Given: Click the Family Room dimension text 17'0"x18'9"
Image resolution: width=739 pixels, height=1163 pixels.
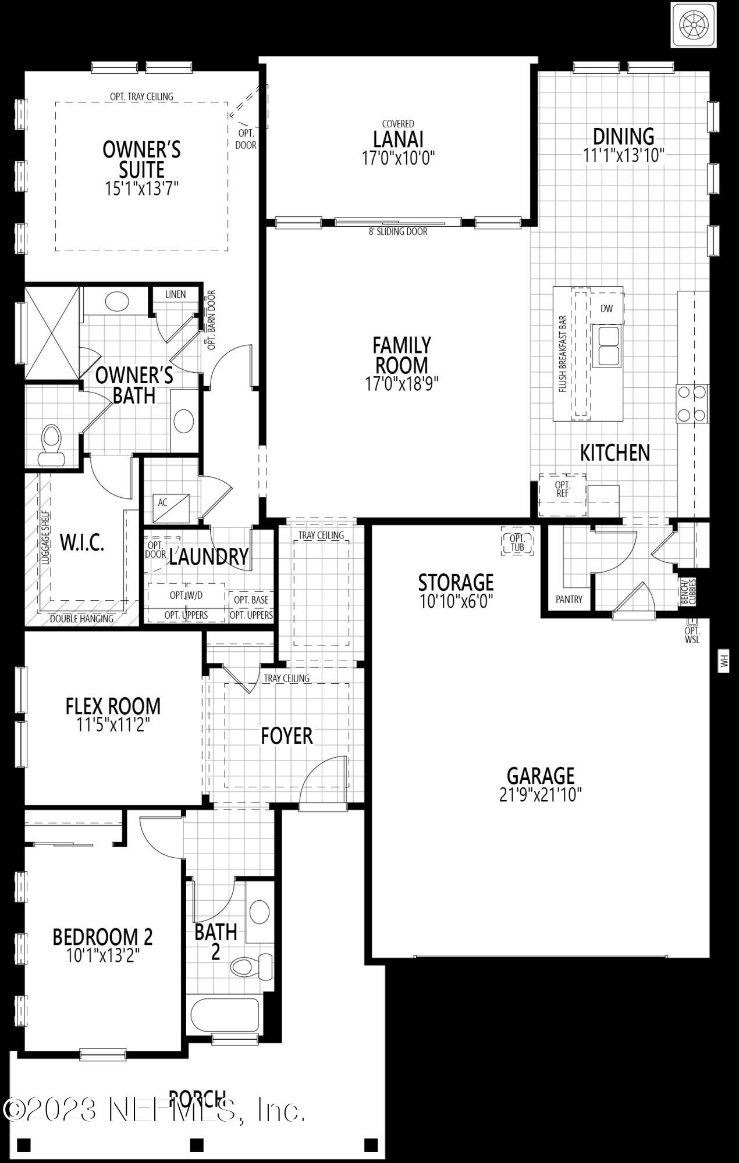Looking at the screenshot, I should (402, 383).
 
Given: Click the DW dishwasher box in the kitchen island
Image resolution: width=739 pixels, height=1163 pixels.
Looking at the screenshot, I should (607, 309).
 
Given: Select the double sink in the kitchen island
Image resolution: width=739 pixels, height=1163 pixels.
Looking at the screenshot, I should (607, 346).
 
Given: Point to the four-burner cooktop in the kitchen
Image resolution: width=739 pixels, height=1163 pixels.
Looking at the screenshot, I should (692, 404).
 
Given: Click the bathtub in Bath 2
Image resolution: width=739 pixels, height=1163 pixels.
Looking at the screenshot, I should (224, 1013).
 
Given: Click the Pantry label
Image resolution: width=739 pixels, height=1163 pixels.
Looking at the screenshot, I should (569, 600).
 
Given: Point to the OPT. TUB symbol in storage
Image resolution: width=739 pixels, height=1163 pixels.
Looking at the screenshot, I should (517, 543).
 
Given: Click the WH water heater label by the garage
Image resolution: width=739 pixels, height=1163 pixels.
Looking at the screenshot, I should (724, 661).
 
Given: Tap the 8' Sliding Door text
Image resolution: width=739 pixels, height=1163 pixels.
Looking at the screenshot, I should (398, 231).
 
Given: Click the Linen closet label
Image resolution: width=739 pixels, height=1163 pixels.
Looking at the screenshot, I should (175, 294).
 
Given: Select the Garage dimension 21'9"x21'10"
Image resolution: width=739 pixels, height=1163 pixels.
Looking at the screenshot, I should (541, 795).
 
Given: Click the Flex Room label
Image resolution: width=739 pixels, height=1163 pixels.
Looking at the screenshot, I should (113, 706).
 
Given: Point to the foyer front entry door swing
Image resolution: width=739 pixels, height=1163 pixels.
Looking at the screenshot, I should (324, 777).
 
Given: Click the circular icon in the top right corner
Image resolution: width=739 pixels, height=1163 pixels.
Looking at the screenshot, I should (694, 24).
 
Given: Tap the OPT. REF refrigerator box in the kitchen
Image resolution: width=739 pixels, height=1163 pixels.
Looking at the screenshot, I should (562, 489).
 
